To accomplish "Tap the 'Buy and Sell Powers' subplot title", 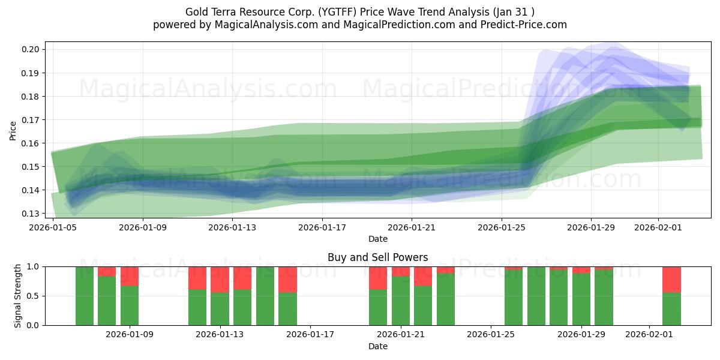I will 377,257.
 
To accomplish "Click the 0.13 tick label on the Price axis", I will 31,214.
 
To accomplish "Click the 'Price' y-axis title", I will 13,130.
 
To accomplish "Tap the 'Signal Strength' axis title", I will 18,295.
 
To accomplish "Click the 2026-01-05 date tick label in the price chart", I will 53,227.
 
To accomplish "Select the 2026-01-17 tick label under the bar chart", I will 310,335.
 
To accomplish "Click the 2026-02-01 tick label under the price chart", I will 658,227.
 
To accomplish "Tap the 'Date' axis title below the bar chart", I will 377,346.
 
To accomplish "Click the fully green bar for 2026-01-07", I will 85,296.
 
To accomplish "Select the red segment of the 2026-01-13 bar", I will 220,279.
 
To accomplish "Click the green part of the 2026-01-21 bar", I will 400,300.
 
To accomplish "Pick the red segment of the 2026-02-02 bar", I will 671,279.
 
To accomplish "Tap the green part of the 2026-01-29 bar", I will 581,299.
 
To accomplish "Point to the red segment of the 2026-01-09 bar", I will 130,276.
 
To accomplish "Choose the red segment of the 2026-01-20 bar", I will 378,278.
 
